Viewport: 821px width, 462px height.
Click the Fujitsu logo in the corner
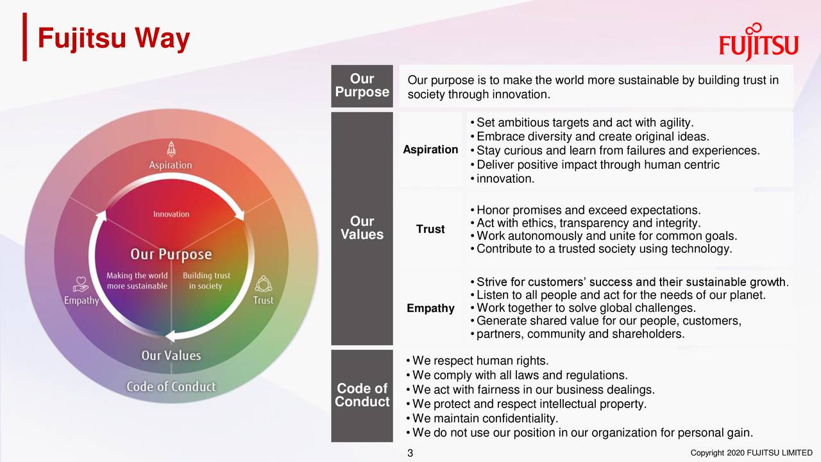pyautogui.click(x=758, y=42)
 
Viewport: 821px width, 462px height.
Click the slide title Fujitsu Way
pyautogui.click(x=114, y=39)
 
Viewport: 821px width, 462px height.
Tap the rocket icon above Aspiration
pyautogui.click(x=171, y=149)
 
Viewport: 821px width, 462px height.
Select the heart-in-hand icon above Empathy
pyautogui.click(x=81, y=284)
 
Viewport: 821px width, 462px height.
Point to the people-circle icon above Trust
pyautogui.click(x=263, y=284)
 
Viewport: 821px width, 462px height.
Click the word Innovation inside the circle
pyautogui.click(x=171, y=214)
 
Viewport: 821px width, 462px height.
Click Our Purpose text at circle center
pyautogui.click(x=171, y=254)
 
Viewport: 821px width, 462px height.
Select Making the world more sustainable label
pyautogui.click(x=137, y=280)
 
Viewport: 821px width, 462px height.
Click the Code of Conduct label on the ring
pyautogui.click(x=171, y=386)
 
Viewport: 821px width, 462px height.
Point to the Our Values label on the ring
pyautogui.click(x=171, y=355)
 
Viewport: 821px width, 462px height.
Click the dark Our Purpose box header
pyautogui.click(x=362, y=85)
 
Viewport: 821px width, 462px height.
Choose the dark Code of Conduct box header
pyautogui.click(x=362, y=395)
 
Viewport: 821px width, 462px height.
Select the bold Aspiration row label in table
pyautogui.click(x=430, y=150)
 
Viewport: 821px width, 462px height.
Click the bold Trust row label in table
pyautogui.click(x=430, y=229)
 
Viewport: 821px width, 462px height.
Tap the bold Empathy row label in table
pyautogui.click(x=430, y=309)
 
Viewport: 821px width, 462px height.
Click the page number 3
pyautogui.click(x=410, y=454)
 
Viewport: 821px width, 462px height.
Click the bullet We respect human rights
pyautogui.click(x=480, y=361)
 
